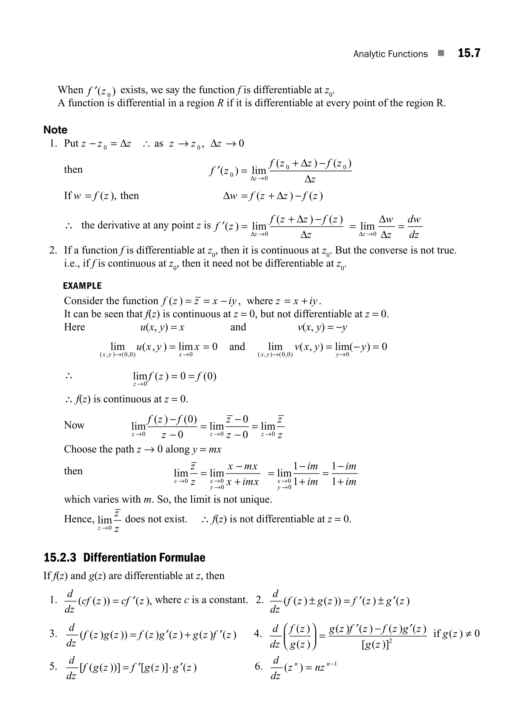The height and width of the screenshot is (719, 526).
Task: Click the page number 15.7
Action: [x=469, y=53]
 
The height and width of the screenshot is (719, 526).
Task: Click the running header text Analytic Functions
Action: [x=390, y=54]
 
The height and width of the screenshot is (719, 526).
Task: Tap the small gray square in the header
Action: [x=441, y=53]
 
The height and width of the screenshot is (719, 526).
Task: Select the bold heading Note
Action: [x=55, y=130]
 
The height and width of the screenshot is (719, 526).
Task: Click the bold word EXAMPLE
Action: [x=82, y=286]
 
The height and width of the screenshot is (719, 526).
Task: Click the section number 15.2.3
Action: [x=60, y=557]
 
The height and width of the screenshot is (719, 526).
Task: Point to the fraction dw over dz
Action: [x=414, y=227]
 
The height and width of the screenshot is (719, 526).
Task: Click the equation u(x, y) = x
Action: [x=162, y=327]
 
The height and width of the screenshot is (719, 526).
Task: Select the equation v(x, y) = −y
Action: [x=322, y=327]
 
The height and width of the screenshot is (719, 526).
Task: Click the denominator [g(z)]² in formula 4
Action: [x=377, y=645]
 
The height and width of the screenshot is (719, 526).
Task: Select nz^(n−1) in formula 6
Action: [x=325, y=667]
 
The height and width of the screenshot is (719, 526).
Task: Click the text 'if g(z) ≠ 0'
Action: [x=456, y=633]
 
